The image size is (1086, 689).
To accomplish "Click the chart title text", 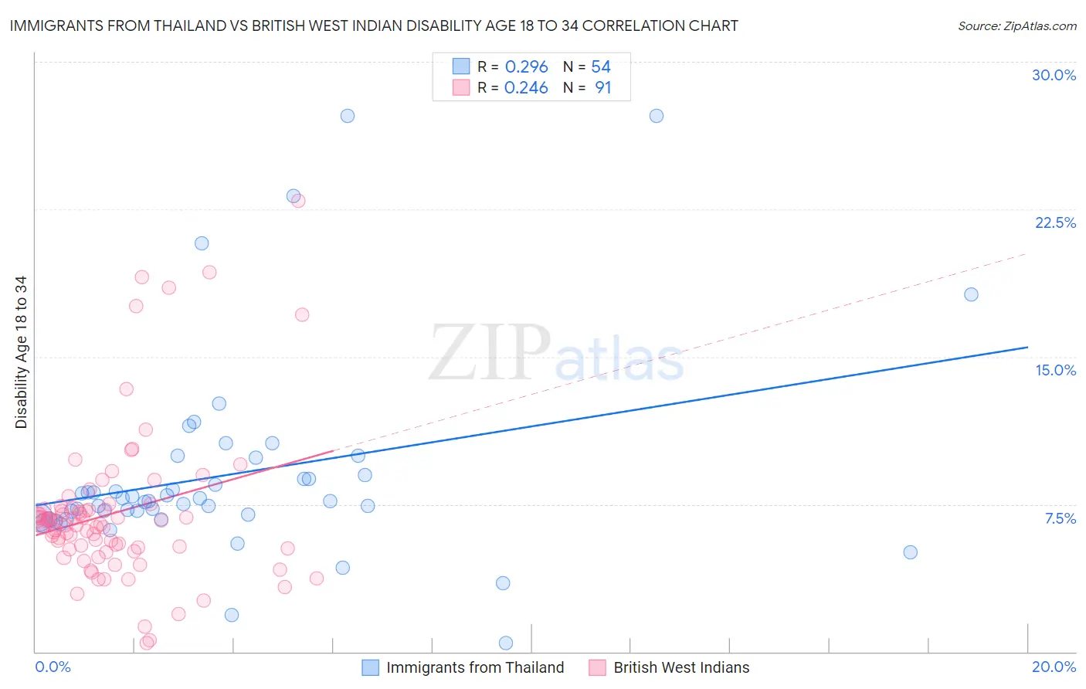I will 374,26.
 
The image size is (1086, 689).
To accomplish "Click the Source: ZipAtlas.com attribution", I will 1016,26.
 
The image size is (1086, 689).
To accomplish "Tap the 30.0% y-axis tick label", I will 1054,75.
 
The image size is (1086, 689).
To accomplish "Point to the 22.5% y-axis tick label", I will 1055,222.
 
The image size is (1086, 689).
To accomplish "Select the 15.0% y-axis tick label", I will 1055,370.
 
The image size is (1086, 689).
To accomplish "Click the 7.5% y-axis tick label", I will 1060,518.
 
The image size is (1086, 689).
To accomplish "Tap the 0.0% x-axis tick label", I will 53,667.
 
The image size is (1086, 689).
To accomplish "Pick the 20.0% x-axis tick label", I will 1054,667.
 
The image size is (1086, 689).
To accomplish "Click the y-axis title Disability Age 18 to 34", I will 21,352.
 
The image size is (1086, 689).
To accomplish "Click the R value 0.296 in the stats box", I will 526,67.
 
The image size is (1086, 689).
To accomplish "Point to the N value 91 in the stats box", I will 602,88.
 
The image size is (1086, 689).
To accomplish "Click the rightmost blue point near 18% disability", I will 971,294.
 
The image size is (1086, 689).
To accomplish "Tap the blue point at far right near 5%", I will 910,552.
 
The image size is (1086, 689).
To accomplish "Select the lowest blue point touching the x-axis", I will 506,643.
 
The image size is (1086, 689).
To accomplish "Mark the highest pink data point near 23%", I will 298,201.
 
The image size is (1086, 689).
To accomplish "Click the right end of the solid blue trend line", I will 1027,348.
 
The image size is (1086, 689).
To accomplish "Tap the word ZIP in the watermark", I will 490,352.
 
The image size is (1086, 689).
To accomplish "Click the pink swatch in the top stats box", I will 461,88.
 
